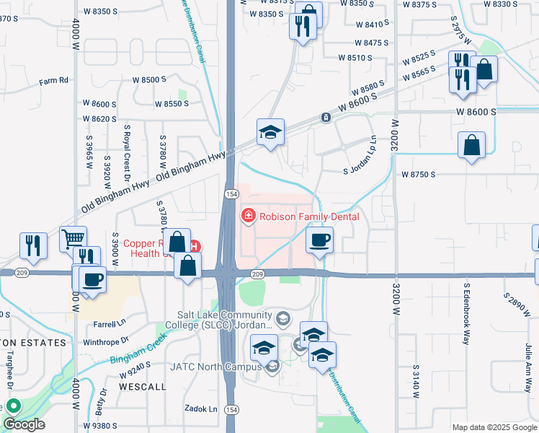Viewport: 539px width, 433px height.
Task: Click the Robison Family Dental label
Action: click(310, 216)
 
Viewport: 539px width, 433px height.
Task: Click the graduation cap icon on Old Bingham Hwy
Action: click(270, 132)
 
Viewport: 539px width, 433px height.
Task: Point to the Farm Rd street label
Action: click(53, 80)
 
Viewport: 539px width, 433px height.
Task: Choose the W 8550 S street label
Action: click(171, 104)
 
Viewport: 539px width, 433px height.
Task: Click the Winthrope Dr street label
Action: click(105, 339)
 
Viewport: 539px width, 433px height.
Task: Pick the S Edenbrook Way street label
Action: click(467, 313)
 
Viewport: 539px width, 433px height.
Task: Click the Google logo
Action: click(23, 425)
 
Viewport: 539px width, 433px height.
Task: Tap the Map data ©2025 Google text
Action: click(494, 427)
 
